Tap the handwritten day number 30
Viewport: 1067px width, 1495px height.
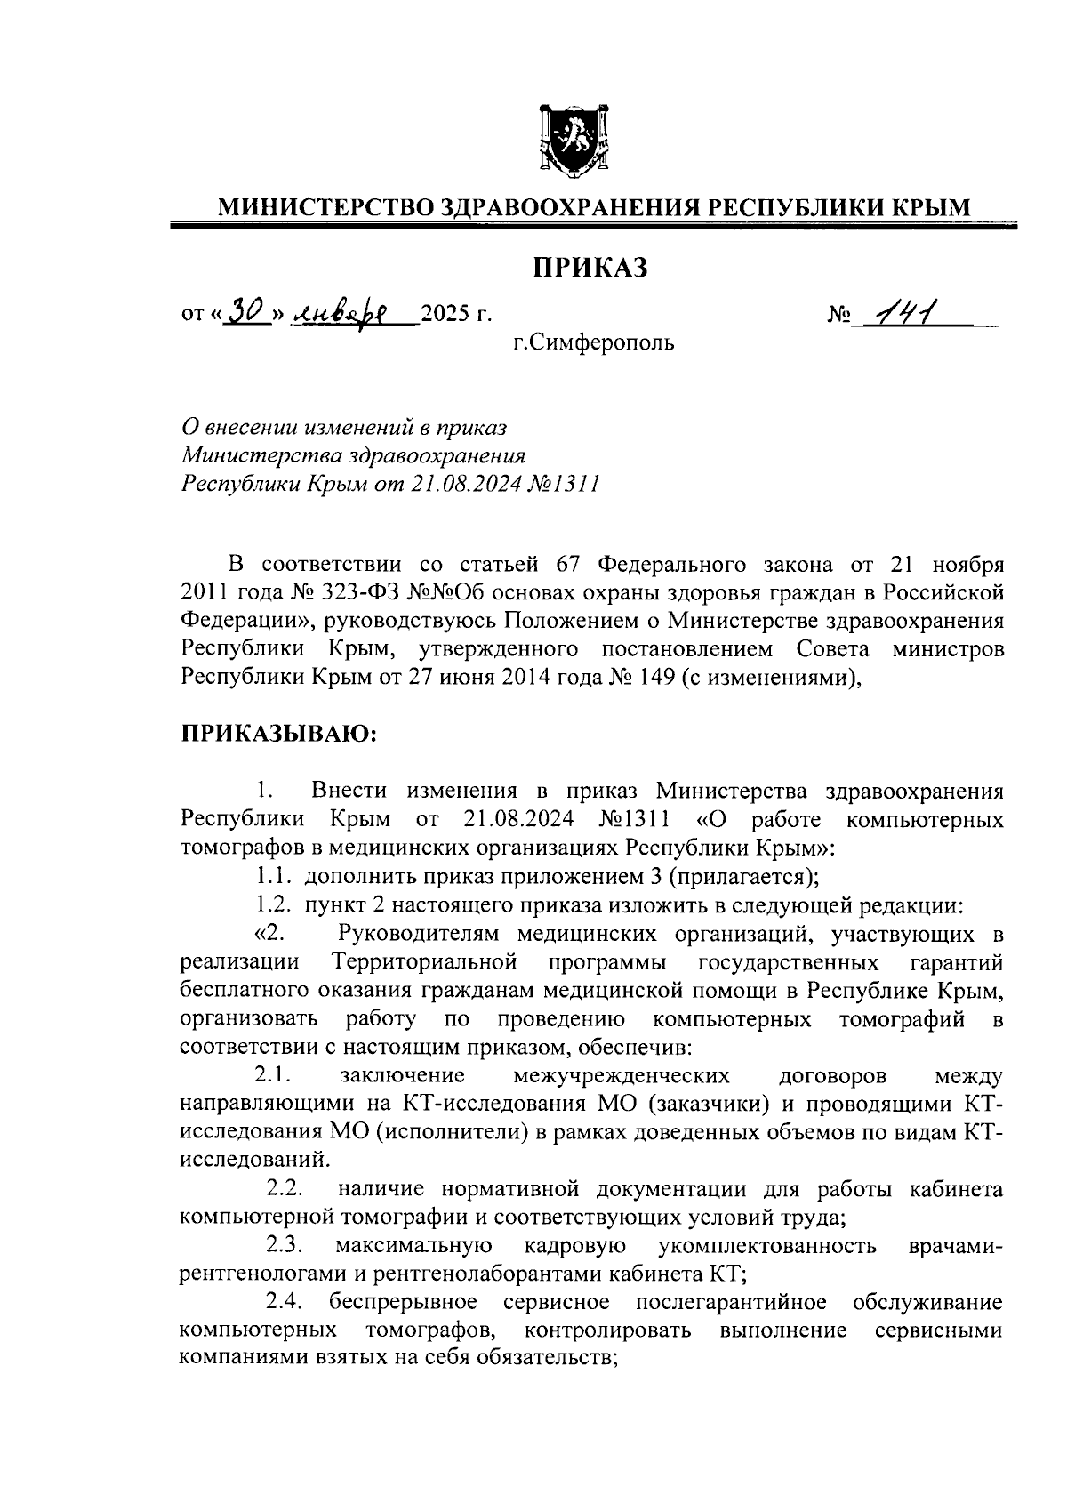245,310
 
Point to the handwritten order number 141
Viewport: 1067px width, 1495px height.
903,310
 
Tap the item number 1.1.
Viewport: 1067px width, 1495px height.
275,877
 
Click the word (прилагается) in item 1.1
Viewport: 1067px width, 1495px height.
742,877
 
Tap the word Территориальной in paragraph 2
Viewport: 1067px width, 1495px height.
423,962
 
